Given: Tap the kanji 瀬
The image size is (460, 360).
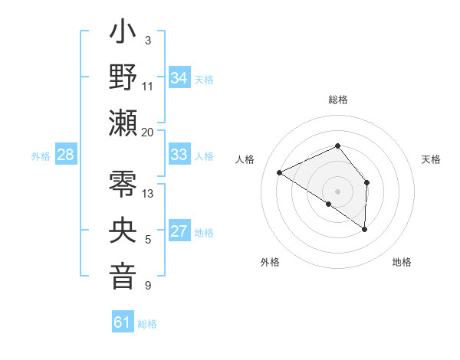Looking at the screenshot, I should [123, 123].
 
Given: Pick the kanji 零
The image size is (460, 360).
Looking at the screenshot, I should [123, 185].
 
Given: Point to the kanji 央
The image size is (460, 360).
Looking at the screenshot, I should [123, 231].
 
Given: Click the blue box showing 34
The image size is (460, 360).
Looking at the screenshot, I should [179, 77].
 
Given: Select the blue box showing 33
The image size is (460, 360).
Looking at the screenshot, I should [179, 155].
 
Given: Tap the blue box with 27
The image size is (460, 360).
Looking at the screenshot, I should [179, 231].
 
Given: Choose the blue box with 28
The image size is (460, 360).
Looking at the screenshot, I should [65, 155].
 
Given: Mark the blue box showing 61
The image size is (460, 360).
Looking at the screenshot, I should [123, 322].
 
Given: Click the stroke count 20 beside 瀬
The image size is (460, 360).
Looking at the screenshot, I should [147, 133].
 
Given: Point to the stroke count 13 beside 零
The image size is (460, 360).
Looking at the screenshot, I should [148, 194].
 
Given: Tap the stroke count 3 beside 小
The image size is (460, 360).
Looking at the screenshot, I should [147, 41].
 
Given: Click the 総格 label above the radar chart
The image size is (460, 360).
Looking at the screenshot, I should [337, 100].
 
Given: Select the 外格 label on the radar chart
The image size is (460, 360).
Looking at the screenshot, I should [270, 262].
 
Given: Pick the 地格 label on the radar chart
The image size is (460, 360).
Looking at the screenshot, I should [402, 262].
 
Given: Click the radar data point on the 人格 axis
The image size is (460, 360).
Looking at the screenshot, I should [280, 173].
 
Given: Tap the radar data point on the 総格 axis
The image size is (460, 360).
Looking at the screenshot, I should [337, 146].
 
